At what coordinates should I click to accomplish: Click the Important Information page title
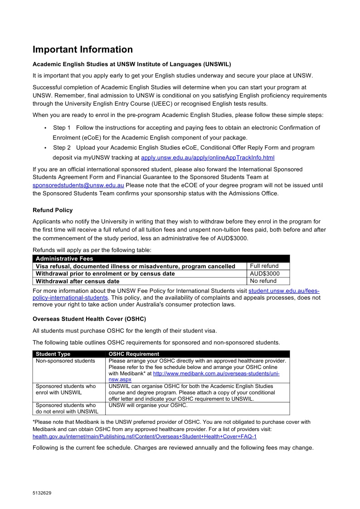tap(83, 50)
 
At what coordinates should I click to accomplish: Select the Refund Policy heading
tap(53, 210)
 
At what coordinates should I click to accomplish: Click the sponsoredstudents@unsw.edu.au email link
tap(78, 185)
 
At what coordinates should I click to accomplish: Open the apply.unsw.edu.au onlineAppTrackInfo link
tap(208, 158)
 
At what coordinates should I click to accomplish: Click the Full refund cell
tap(264, 266)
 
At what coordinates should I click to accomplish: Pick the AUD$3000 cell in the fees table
tap(265, 274)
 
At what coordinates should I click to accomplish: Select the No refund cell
tap(263, 281)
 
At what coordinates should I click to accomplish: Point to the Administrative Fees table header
tap(64, 259)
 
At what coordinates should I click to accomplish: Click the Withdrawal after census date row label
tap(78, 281)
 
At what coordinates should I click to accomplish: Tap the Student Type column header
tap(53, 354)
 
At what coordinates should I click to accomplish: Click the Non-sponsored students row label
tap(65, 361)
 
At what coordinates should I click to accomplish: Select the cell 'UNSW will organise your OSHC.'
tap(148, 405)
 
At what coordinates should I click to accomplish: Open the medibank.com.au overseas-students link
tap(216, 373)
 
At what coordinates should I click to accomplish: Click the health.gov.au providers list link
tap(145, 436)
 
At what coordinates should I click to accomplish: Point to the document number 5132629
tap(42, 493)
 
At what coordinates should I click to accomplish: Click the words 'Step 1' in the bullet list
tap(62, 128)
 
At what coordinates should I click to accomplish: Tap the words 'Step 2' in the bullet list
tap(62, 148)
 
